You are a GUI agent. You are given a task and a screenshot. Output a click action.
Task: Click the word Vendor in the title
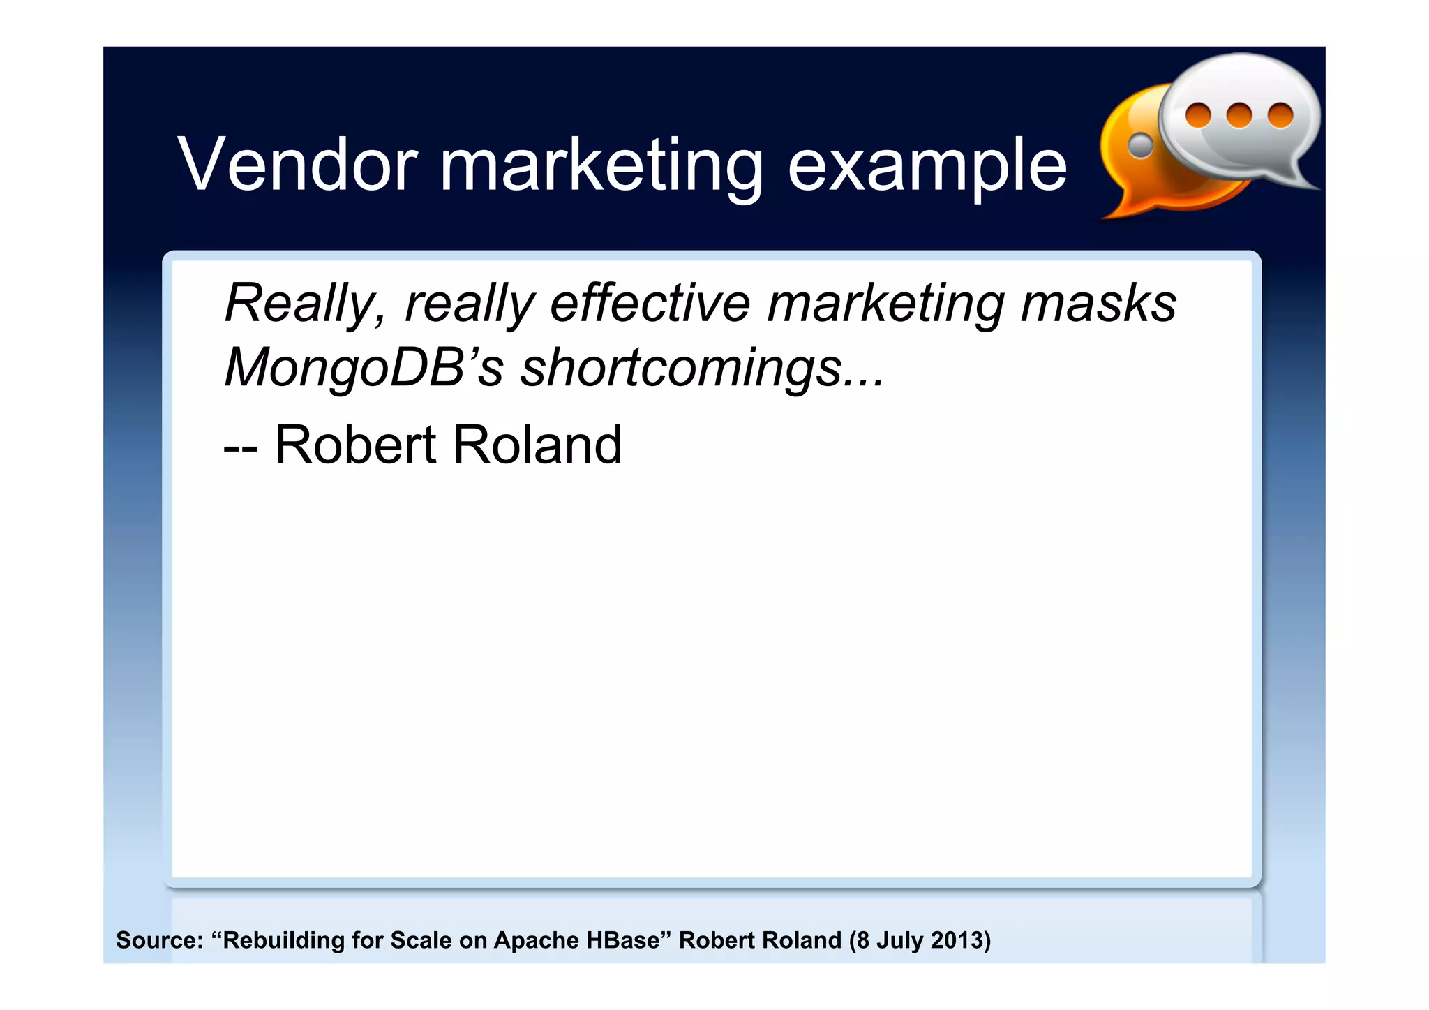297,165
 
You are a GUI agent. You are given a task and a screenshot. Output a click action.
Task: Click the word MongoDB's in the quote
363,368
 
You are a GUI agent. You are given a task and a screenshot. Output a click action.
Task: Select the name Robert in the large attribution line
356,445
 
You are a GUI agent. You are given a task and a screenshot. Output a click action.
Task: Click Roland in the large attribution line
538,445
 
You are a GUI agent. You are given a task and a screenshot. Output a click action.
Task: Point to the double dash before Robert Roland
241,447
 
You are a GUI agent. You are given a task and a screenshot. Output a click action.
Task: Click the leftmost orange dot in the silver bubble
1198,115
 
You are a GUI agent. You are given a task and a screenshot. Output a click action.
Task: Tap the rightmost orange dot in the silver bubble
1280,115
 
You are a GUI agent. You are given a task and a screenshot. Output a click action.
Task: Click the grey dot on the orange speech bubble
1141,145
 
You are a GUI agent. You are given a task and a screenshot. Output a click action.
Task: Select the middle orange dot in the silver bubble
1239,115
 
